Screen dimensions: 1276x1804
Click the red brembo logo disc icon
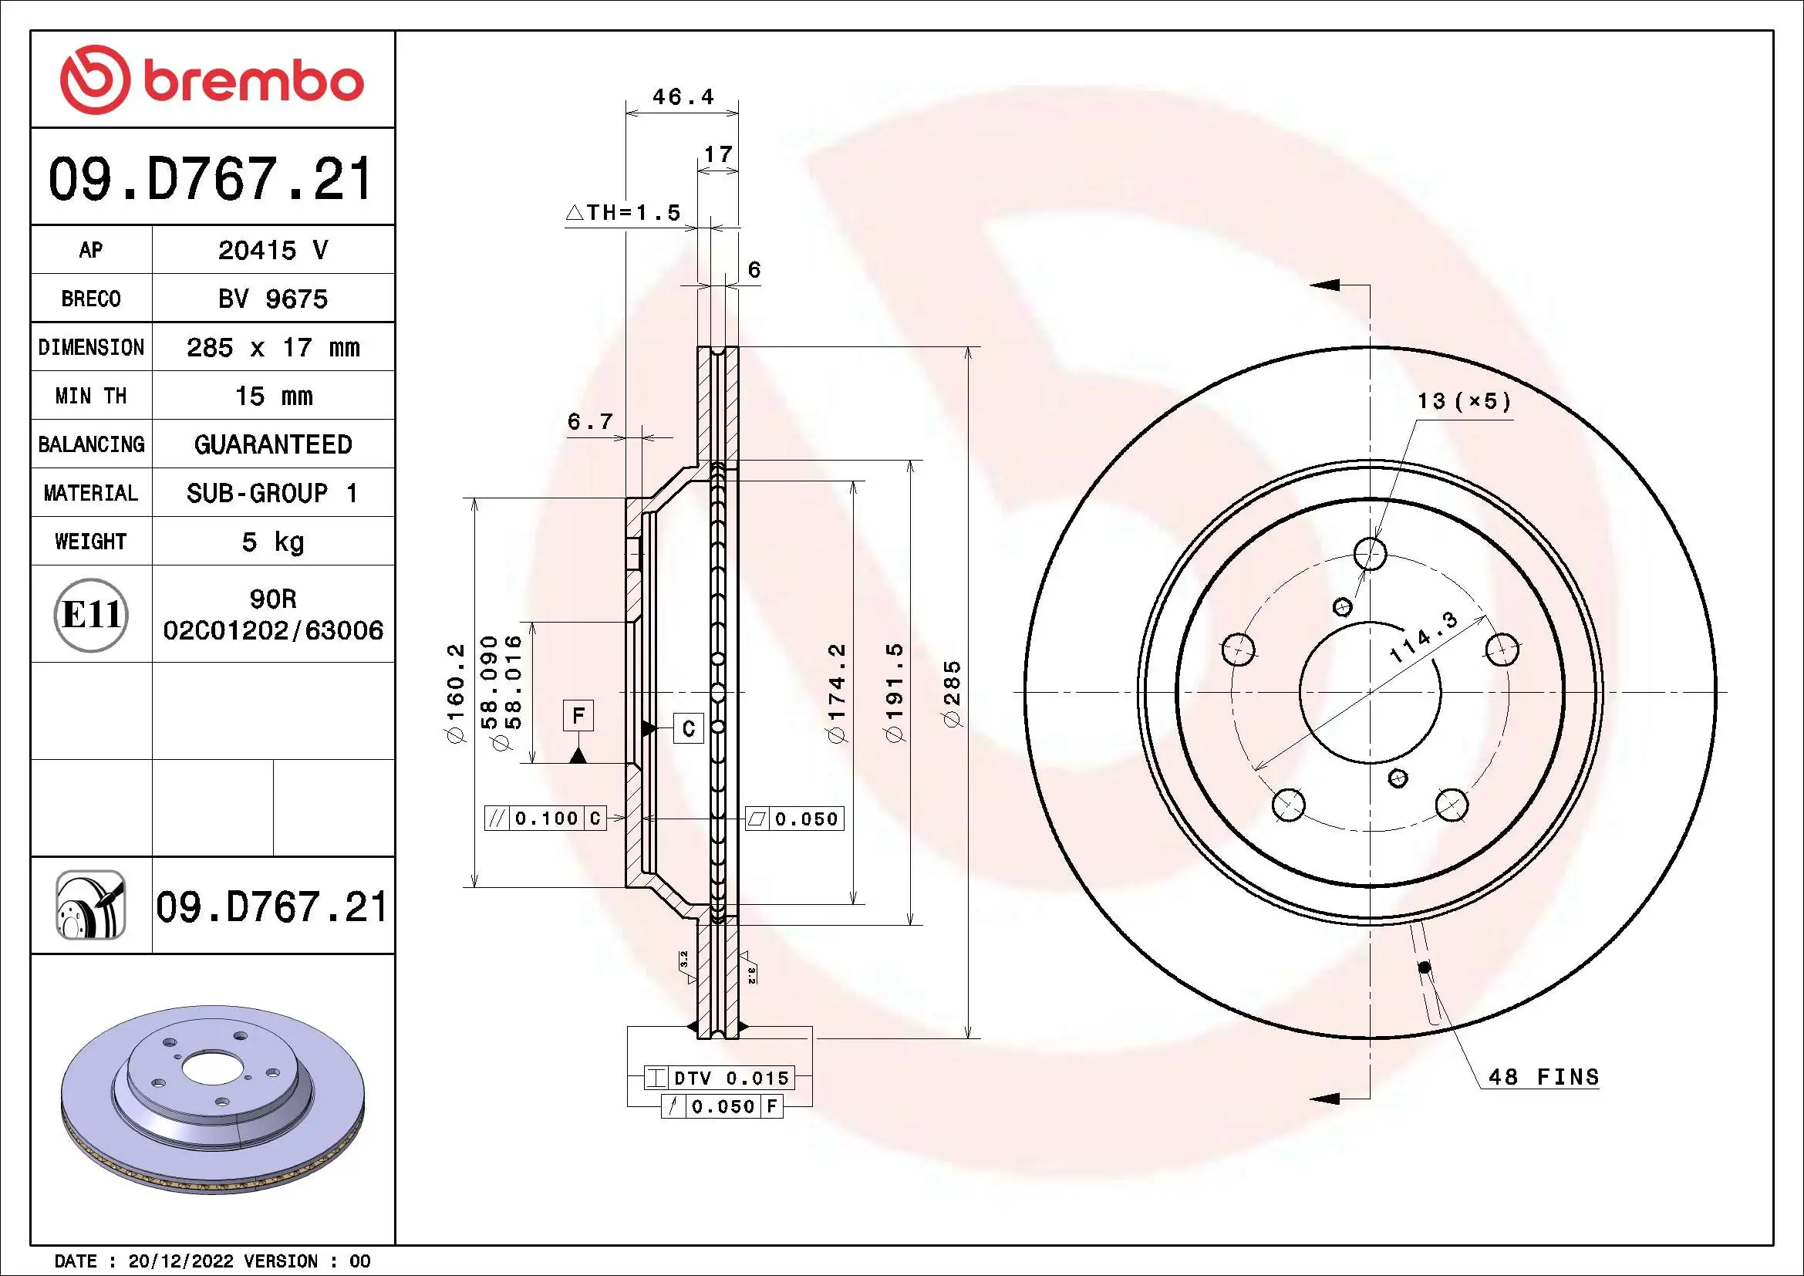(x=94, y=79)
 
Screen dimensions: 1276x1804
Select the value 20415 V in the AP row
(x=272, y=250)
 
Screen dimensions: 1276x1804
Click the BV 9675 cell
(x=272, y=299)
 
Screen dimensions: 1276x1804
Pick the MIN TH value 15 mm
(x=272, y=396)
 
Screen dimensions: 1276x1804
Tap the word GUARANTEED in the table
(x=272, y=444)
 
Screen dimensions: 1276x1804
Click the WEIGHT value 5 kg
(x=272, y=542)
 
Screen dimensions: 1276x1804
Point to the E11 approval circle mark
(x=91, y=614)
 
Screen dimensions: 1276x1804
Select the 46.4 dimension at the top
(x=682, y=96)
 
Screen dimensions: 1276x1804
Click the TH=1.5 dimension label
(x=624, y=212)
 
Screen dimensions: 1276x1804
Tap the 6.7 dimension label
(x=589, y=422)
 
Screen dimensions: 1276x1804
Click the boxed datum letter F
(x=578, y=716)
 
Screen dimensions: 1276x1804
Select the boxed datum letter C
(x=688, y=729)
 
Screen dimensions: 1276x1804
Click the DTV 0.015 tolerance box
(x=719, y=1078)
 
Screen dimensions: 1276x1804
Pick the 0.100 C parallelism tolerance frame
(x=546, y=819)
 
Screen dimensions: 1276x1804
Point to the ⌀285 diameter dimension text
(x=953, y=694)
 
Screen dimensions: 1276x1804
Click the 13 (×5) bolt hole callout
(x=1463, y=401)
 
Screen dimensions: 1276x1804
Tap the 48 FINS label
(x=1543, y=1077)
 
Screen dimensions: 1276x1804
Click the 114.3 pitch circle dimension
(x=1423, y=637)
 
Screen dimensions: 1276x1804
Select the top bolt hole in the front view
(x=1371, y=554)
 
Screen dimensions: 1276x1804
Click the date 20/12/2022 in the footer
(x=180, y=1261)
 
